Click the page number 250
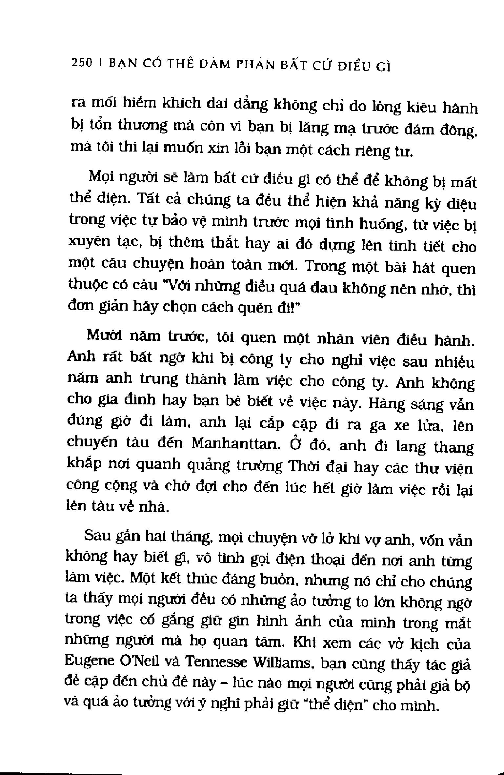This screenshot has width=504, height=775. (82, 63)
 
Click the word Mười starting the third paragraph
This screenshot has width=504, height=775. (103, 336)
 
